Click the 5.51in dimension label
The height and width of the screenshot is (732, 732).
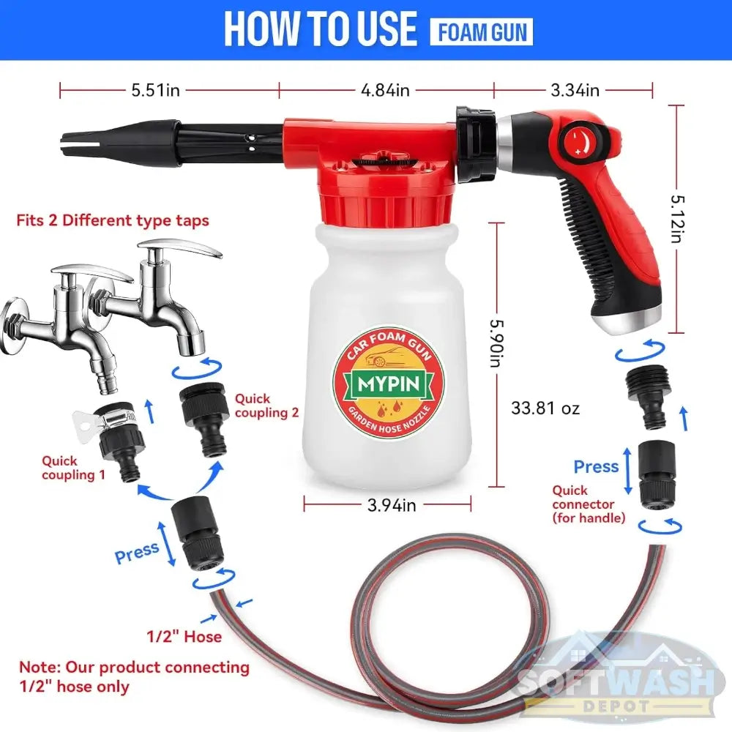[x=155, y=90]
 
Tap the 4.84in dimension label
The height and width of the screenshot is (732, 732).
[x=385, y=90]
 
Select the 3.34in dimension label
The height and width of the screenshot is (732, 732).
[x=575, y=90]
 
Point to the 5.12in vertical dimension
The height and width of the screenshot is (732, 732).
[x=677, y=219]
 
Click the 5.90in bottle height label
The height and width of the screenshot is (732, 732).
[x=497, y=343]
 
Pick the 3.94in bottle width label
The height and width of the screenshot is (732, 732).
[x=391, y=505]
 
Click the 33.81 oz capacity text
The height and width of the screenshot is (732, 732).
[x=545, y=408]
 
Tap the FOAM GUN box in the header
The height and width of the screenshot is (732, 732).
[x=482, y=31]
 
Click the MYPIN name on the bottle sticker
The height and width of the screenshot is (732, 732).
[x=389, y=384]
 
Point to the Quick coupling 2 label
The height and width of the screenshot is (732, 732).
[x=266, y=406]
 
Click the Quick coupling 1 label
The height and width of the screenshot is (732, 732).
[x=73, y=468]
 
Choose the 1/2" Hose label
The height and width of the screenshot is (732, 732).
[x=184, y=636]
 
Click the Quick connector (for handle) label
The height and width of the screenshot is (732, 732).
[x=589, y=504]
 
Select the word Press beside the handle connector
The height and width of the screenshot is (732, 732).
[x=596, y=466]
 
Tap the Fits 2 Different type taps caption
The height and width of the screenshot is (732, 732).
[x=113, y=220]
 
